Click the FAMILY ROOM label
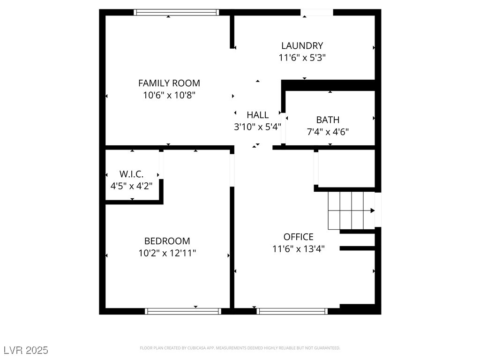pos(169,83)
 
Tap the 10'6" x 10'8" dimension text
pos(169,95)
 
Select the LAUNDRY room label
pos(302,45)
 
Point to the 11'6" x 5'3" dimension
pos(302,58)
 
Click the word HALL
pos(258,115)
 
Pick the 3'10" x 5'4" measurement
pos(257,127)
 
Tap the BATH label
pos(328,120)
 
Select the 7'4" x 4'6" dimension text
pos(328,132)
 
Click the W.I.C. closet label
pos(131,174)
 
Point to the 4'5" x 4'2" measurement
pos(131,185)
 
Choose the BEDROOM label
pos(167,241)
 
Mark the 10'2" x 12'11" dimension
pos(167,253)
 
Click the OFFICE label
pos(298,237)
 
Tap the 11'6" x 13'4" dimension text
pos(298,249)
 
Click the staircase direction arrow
pos(372,210)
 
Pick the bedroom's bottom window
pos(182,311)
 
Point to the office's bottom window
pos(292,311)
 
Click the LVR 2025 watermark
pos(26,350)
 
